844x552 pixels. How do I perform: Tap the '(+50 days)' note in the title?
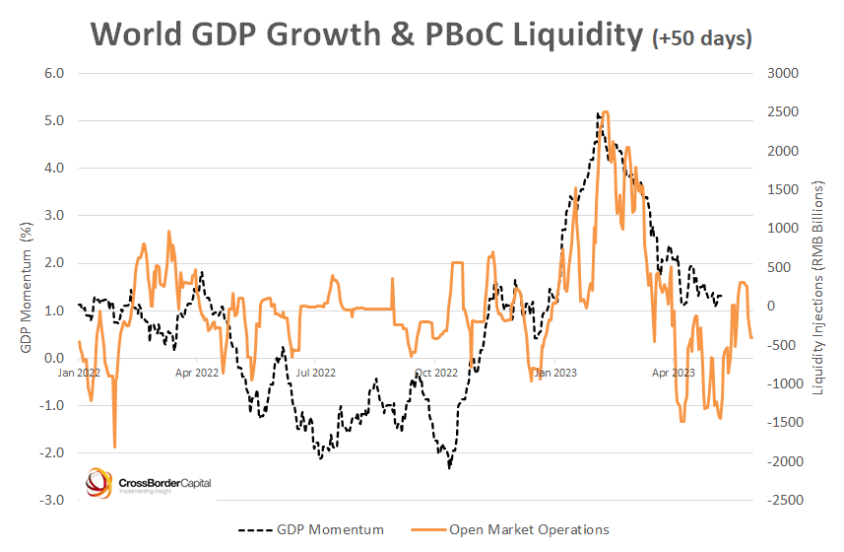tap(702, 38)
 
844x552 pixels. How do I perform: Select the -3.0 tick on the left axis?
tap(49, 501)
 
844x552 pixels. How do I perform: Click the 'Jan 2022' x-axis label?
tap(79, 374)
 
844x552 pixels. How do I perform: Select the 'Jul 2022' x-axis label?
tap(316, 374)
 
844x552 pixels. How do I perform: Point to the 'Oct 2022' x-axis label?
tap(436, 374)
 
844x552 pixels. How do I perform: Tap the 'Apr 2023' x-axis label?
tap(674, 374)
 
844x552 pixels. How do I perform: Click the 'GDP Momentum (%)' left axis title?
tap(22, 286)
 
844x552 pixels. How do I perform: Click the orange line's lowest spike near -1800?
tap(115, 448)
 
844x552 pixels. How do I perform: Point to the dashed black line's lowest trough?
tap(449, 467)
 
